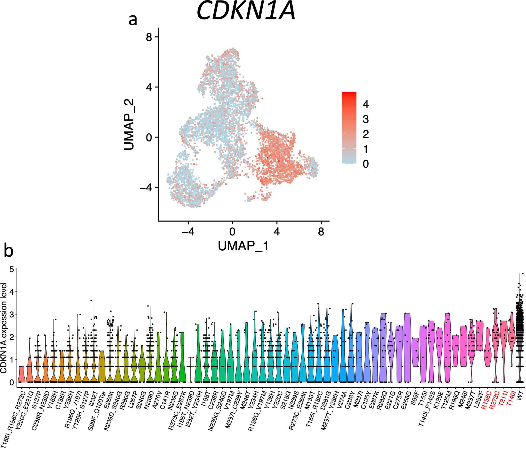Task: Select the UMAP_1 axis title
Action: coord(243,246)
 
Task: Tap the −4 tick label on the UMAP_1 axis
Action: coord(187,232)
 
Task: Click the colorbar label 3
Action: coord(365,119)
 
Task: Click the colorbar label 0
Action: coord(365,164)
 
